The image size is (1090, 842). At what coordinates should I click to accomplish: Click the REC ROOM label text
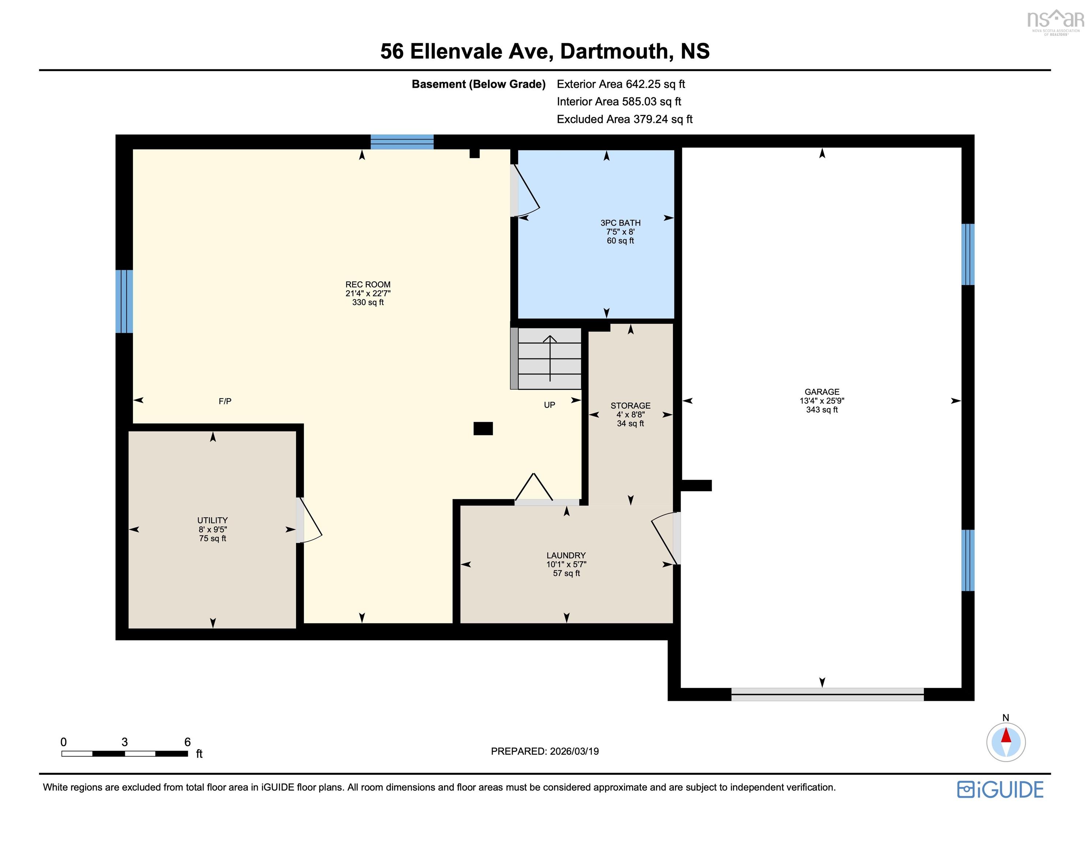pos(368,284)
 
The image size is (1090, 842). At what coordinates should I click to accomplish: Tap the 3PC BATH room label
pos(620,223)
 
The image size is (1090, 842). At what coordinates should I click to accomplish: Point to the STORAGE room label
pos(630,406)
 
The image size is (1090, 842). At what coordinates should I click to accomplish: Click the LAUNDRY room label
pos(566,555)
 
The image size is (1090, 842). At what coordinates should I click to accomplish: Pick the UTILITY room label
pos(213,520)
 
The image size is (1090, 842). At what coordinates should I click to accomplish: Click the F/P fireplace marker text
pos(225,401)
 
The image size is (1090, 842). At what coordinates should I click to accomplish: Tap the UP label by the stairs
pos(549,405)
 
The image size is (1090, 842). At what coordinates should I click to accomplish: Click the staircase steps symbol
pos(549,359)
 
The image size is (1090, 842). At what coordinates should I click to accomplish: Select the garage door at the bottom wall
pos(827,694)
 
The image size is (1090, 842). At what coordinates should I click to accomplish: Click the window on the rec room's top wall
pos(402,142)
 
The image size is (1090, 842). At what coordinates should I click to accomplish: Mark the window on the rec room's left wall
pos(124,301)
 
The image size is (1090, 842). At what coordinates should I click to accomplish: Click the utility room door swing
pos(310,520)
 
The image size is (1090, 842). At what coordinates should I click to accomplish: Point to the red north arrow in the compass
pos(1006,736)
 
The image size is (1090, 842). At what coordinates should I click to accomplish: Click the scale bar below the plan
pos(125,754)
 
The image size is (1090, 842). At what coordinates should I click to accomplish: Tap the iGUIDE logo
pos(1000,790)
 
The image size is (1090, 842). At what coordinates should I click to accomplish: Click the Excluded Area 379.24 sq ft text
pos(624,119)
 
